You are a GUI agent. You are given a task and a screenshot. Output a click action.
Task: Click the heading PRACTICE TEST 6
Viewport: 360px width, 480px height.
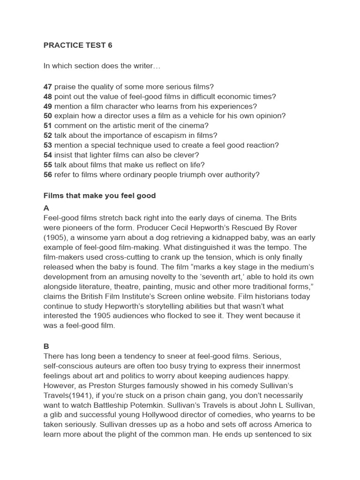tap(78, 45)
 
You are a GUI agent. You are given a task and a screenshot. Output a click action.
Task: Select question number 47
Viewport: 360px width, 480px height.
tap(47, 87)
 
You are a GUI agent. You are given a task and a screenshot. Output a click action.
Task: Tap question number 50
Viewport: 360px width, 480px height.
tap(47, 116)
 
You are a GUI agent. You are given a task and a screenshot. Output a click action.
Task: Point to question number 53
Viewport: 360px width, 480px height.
tap(47, 145)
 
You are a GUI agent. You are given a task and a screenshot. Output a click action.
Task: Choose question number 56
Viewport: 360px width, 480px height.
tap(47, 175)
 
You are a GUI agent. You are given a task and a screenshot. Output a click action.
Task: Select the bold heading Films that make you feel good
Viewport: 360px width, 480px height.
tap(99, 195)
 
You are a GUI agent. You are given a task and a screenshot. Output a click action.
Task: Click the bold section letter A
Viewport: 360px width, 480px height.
tap(46, 208)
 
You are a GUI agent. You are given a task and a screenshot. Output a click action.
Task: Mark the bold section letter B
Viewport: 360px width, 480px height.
tap(46, 346)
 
